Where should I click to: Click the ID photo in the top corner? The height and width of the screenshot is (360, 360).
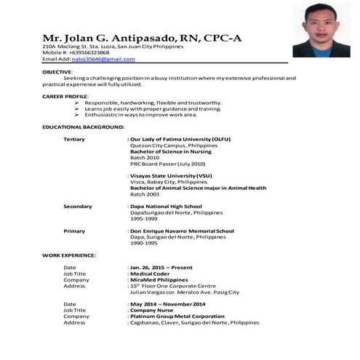coord(321,30)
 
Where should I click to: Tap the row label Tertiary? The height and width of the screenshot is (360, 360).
coord(74,139)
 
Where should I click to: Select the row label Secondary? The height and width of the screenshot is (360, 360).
coord(78,207)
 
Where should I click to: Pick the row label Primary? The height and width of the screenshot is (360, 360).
coord(73,231)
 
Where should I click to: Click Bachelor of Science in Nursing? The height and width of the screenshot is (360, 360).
coord(169,151)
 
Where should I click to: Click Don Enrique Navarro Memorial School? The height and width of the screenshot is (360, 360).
coord(182,231)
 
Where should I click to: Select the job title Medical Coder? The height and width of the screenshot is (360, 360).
coord(151,273)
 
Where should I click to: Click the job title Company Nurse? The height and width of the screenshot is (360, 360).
coord(154,310)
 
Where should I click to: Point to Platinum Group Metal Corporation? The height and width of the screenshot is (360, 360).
coord(177,316)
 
